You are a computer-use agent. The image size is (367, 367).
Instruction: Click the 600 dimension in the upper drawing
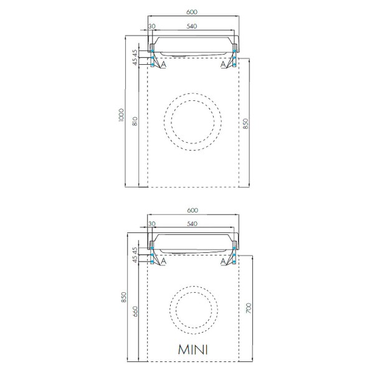coord(192,12)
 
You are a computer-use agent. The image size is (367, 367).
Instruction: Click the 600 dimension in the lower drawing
coord(193,210)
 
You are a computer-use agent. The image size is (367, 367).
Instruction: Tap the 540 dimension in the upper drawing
coord(192,26)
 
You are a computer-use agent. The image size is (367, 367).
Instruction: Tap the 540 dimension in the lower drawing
coord(192,224)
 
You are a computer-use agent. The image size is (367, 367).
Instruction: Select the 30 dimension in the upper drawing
coord(152,26)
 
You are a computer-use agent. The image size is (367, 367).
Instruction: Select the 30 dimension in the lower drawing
coord(152,224)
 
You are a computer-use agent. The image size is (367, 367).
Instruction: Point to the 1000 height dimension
coord(121,115)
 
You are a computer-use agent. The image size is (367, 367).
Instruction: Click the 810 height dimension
coord(135,121)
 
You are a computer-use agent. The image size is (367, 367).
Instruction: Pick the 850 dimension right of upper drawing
coord(245,123)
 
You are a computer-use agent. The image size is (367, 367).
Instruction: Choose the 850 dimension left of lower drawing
coord(124,297)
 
